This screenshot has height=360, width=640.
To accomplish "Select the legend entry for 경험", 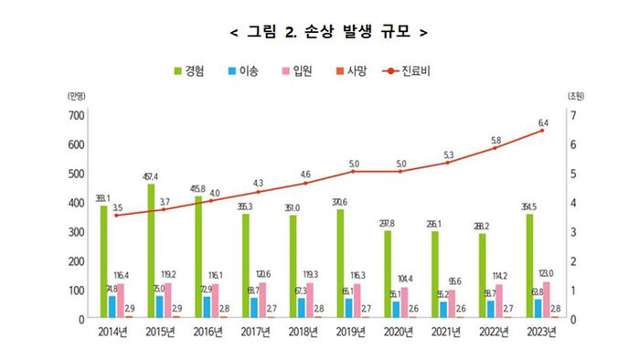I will point(191,70).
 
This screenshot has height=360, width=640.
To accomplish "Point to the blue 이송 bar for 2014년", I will point(112,307).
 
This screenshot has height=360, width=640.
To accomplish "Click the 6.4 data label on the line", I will point(543,122).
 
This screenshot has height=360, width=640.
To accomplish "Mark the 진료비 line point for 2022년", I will point(495,149).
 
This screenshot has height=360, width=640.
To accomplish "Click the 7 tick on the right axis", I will point(571,115).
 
